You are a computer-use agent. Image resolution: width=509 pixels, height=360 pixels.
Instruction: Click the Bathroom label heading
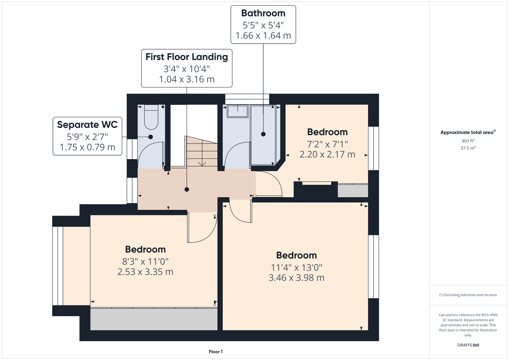tap(263, 13)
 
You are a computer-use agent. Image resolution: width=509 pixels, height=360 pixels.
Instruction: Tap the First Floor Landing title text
tap(187, 57)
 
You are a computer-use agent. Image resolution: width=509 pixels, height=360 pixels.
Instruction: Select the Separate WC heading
tap(87, 125)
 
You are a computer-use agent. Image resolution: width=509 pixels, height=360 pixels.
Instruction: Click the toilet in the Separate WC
tap(151, 117)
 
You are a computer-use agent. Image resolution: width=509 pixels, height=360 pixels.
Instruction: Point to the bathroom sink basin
tap(237, 112)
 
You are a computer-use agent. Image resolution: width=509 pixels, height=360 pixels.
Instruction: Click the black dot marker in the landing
tap(187, 189)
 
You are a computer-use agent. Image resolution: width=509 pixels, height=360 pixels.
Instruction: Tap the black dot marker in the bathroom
tap(263, 134)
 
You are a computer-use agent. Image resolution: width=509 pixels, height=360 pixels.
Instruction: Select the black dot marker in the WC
tap(151, 137)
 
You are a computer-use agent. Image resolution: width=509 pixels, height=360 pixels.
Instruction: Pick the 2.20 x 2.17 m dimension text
tap(327, 154)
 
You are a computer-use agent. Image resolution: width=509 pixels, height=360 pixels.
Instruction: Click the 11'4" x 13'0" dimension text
tap(296, 267)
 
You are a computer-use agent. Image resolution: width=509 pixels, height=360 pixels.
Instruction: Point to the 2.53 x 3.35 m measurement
tap(145, 272)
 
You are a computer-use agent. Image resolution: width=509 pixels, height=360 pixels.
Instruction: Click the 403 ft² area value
tap(468, 141)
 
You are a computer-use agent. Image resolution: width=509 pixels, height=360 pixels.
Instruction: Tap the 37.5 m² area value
tap(468, 148)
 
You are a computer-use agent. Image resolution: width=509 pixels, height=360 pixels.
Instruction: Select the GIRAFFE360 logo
tap(468, 345)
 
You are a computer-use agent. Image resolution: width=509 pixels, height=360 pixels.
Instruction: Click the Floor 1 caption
tap(216, 352)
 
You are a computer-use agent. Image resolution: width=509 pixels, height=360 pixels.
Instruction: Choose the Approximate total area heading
tap(468, 132)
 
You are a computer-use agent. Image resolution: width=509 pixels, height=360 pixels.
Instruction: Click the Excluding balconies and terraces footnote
tap(468, 295)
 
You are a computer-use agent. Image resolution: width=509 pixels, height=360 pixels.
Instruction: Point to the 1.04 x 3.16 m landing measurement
tap(187, 79)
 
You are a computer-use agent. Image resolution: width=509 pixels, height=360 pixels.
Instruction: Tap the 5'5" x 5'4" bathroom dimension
tap(263, 25)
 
